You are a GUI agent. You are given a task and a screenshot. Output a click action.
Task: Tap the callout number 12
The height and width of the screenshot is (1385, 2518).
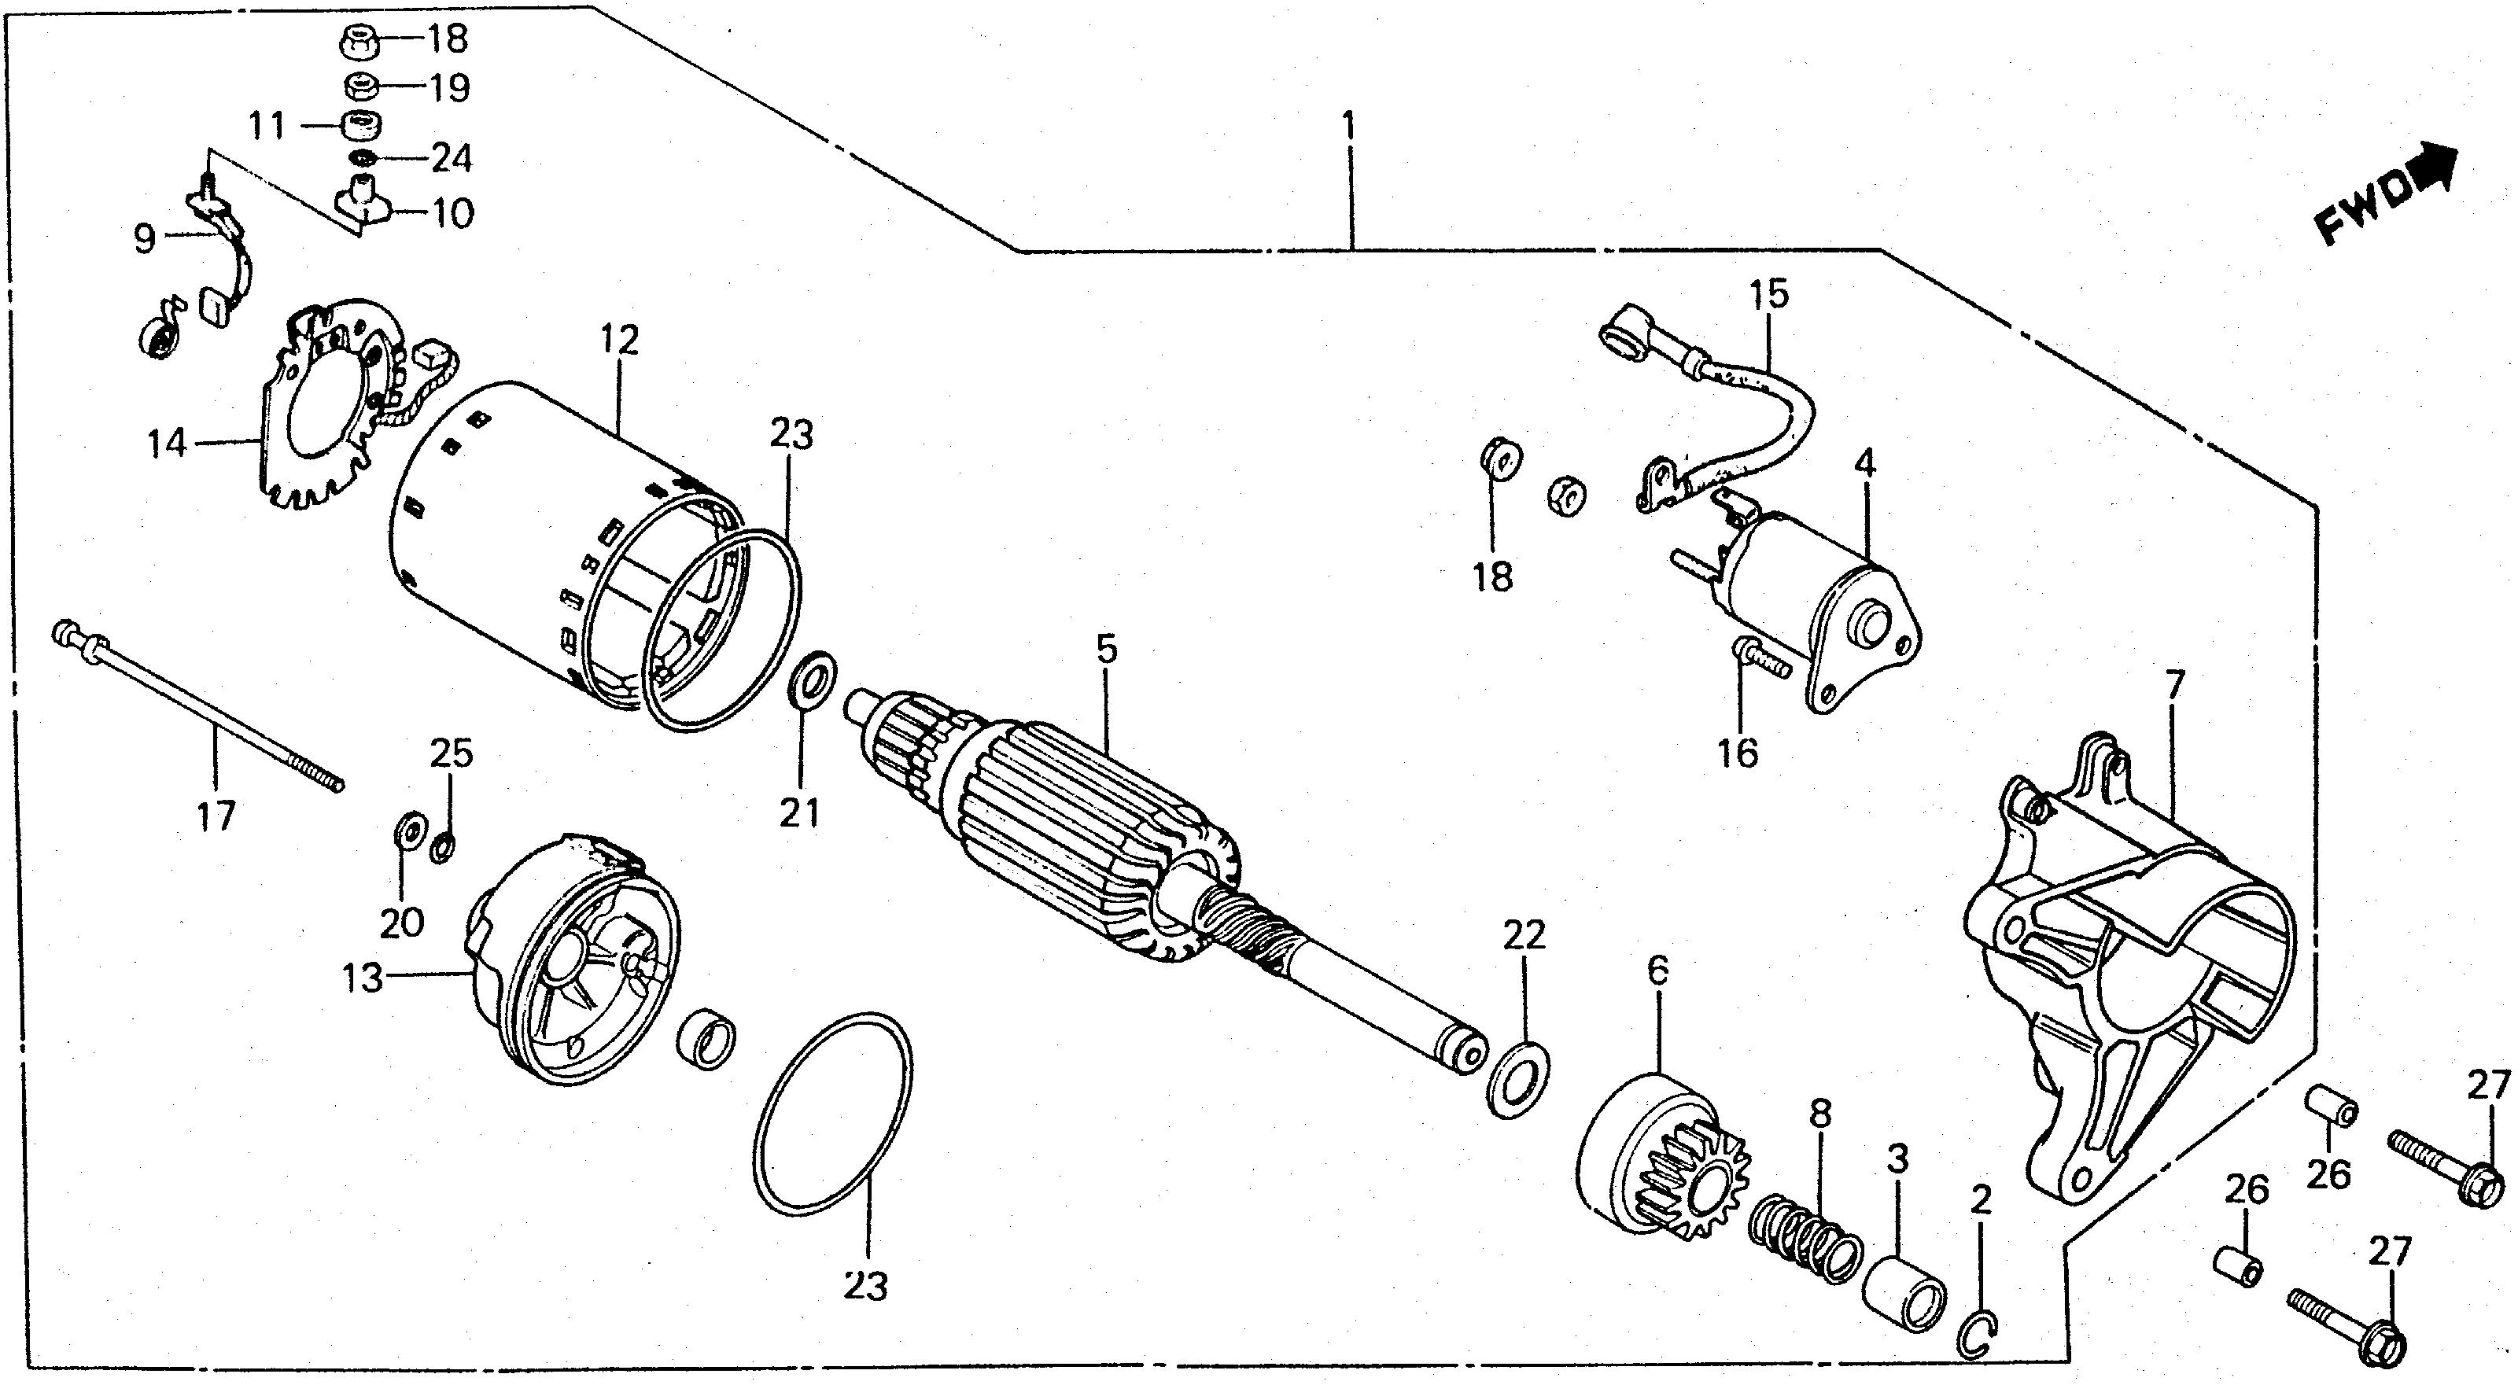click(x=620, y=340)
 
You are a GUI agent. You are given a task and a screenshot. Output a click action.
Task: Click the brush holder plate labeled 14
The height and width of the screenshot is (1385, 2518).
click(x=323, y=420)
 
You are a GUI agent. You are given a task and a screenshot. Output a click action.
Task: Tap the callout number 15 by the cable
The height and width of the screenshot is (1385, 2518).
click(x=1769, y=293)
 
